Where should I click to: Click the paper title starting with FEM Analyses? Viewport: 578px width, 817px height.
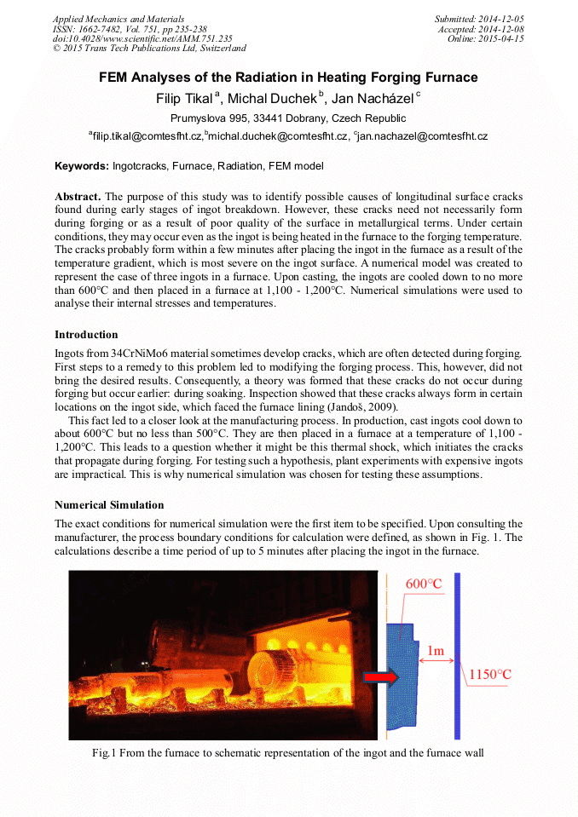click(288, 78)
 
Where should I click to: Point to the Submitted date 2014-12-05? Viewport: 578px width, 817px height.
click(478, 19)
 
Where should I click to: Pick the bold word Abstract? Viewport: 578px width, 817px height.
click(78, 196)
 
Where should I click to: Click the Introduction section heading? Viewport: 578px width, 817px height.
click(86, 335)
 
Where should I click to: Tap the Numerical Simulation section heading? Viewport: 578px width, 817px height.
click(108, 505)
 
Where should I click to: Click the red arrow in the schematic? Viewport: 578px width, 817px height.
click(381, 676)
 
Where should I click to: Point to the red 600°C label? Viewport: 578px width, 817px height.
click(424, 584)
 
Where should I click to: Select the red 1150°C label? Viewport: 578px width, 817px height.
click(490, 676)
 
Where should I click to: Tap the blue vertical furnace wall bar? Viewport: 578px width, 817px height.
click(457, 656)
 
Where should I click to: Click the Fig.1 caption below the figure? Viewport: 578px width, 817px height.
click(288, 753)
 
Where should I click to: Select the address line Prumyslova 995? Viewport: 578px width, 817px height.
click(288, 118)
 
